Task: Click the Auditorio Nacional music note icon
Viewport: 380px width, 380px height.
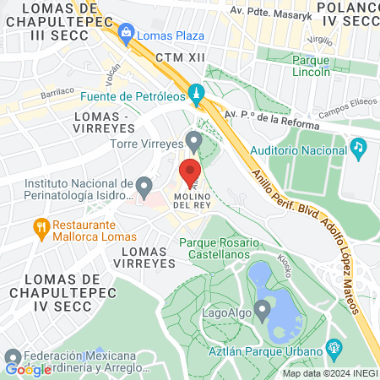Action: [358, 148]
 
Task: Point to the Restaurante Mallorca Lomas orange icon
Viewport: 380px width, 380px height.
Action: [39, 226]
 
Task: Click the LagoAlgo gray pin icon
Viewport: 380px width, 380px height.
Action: [262, 309]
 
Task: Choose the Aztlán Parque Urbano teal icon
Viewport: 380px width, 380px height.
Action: [334, 348]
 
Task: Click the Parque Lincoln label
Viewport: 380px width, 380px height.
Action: [320, 66]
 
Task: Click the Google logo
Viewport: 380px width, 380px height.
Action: [29, 369]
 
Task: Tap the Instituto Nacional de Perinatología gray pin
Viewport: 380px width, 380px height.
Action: [144, 184]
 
